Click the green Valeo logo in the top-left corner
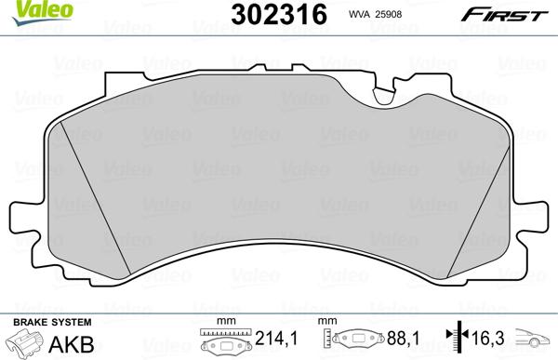24,10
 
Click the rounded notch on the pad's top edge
383,94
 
